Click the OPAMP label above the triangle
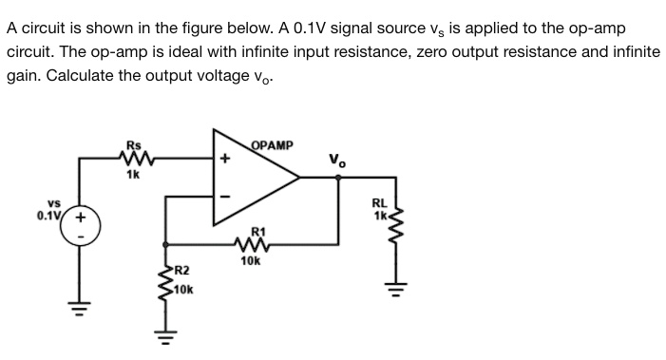pos(273,145)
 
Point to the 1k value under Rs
pos(133,175)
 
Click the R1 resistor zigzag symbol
pos(252,245)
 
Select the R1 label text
pos(254,231)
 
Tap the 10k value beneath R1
pos(252,260)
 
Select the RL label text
pos(378,201)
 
